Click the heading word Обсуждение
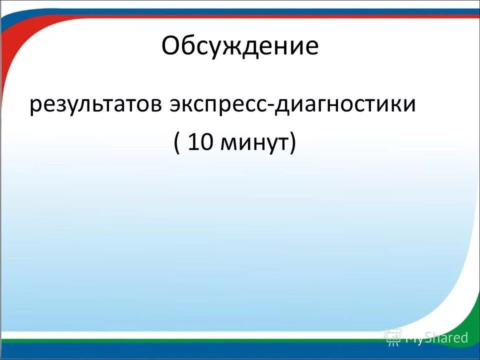240,46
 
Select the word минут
254,143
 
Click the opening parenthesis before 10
177,143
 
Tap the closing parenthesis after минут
292,143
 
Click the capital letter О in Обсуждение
171,46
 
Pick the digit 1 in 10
194,142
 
